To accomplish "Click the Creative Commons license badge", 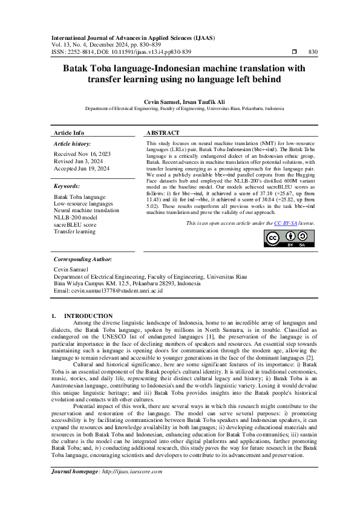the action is [x=289, y=239].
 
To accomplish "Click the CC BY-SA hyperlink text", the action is [x=283, y=223].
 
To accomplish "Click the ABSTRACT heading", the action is [x=163, y=132].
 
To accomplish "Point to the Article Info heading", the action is [x=70, y=132].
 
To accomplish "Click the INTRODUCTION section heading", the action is [x=88, y=316].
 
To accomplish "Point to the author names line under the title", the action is [x=180, y=102].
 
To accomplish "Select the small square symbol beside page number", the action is [x=294, y=52].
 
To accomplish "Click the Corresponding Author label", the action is [x=82, y=259].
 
